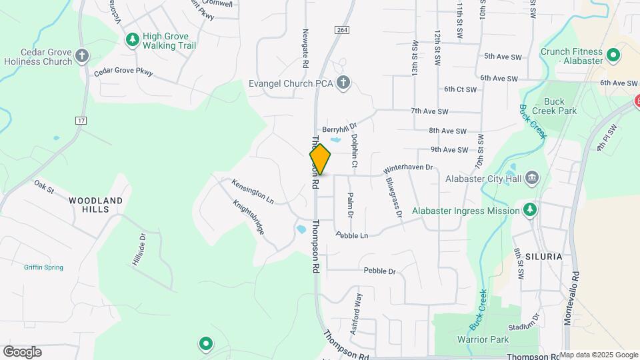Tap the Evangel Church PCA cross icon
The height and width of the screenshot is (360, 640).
pyautogui.click(x=343, y=83)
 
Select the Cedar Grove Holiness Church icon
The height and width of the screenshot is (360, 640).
pyautogui.click(x=82, y=55)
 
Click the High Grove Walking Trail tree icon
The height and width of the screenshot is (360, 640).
pyautogui.click(x=133, y=40)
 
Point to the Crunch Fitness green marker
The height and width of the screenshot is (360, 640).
pyautogui.click(x=614, y=55)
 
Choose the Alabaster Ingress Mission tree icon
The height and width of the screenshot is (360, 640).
pyautogui.click(x=530, y=211)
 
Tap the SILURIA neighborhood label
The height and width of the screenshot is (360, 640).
pyautogui.click(x=543, y=256)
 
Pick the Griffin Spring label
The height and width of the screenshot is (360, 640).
pyautogui.click(x=43, y=267)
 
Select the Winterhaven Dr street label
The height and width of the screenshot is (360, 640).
pyautogui.click(x=409, y=170)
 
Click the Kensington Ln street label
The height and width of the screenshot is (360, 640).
pyautogui.click(x=253, y=191)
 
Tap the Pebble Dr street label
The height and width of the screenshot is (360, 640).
pyautogui.click(x=379, y=271)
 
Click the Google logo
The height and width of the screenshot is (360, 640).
pyautogui.click(x=22, y=352)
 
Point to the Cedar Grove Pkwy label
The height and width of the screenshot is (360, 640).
pyautogui.click(x=123, y=71)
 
